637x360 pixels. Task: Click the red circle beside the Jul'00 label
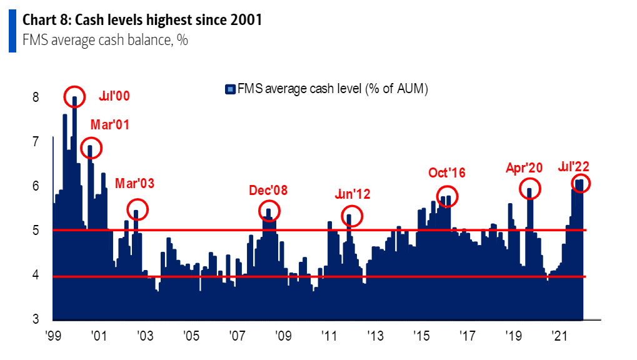[x=74, y=96]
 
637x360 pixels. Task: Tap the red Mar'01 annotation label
[x=110, y=124]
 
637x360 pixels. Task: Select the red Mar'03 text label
[x=134, y=184]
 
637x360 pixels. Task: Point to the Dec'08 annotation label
[x=268, y=190]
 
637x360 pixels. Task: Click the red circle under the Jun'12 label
[x=351, y=216]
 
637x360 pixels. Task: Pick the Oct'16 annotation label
[x=447, y=172]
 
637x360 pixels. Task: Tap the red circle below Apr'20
[x=530, y=189]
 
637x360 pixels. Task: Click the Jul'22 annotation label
[x=574, y=166]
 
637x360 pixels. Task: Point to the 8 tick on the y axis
[x=36, y=97]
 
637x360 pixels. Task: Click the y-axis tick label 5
[x=36, y=231]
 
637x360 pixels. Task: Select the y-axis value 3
[x=36, y=319]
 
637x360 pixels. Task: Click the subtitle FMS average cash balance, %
[x=105, y=41]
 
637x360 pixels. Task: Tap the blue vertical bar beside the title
[x=12, y=31]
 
